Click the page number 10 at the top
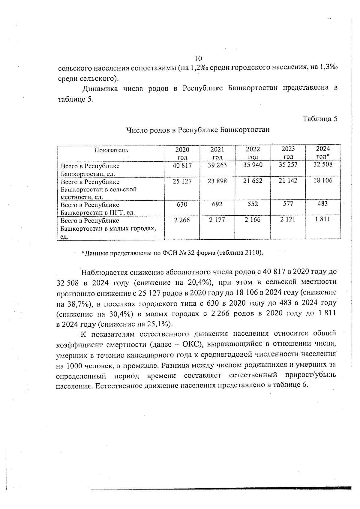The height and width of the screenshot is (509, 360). click(x=198, y=58)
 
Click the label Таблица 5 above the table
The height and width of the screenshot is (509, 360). click(x=320, y=119)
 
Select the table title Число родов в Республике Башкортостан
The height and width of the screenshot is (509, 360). click(x=198, y=130)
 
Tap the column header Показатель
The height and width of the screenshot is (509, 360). click(x=111, y=150)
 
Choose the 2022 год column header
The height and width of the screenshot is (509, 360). click(x=253, y=153)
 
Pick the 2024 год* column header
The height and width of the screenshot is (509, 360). click(x=323, y=152)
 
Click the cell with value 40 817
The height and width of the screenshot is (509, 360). click(x=182, y=165)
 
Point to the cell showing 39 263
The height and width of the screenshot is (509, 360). click(x=217, y=165)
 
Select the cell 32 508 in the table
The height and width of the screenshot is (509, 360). click(x=323, y=164)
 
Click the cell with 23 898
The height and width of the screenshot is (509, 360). click(x=217, y=181)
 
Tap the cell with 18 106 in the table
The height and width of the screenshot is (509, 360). click(x=323, y=180)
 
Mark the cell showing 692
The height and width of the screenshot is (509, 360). click(x=217, y=204)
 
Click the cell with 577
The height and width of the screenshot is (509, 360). click(x=288, y=204)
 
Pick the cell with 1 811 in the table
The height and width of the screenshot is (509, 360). click(x=323, y=219)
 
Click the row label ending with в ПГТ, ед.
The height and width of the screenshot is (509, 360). click(x=98, y=209)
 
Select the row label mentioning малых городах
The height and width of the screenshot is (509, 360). click(x=108, y=229)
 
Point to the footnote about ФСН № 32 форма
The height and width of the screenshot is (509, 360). click(x=172, y=253)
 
